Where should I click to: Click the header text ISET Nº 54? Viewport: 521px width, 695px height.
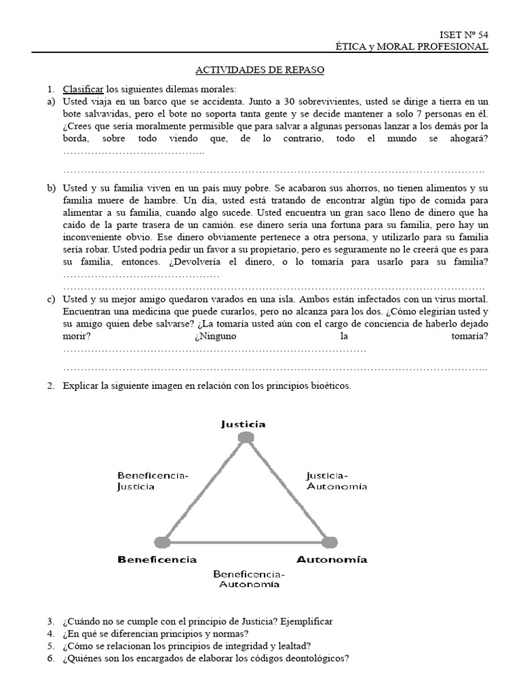463,34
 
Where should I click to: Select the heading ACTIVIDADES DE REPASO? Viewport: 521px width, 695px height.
260,70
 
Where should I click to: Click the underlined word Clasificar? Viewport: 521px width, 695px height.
83,89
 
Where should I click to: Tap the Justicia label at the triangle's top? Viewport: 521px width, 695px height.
243,424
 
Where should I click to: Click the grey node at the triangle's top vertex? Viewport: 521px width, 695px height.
246,438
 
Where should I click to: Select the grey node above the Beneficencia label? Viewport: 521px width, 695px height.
162,542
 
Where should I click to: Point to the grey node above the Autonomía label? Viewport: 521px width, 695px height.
329,542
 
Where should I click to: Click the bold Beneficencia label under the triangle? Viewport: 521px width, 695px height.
157,559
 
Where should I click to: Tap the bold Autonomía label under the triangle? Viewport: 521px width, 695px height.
332,559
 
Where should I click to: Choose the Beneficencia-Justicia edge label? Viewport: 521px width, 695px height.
153,481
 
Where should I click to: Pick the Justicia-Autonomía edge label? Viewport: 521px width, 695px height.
336,481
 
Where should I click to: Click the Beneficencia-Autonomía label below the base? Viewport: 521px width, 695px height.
249,579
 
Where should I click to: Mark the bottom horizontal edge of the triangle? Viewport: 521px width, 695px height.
246,542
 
